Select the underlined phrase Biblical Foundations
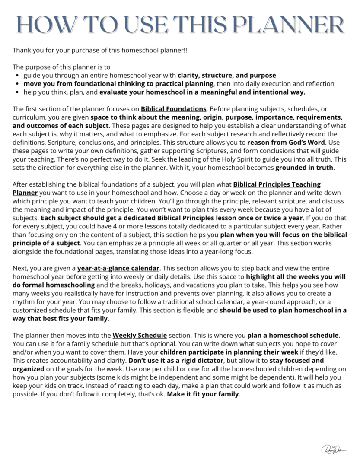coord(173,109)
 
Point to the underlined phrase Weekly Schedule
coord(140,335)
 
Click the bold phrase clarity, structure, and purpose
coord(226,75)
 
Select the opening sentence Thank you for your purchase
coord(100,50)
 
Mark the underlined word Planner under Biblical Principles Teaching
coord(25,193)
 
